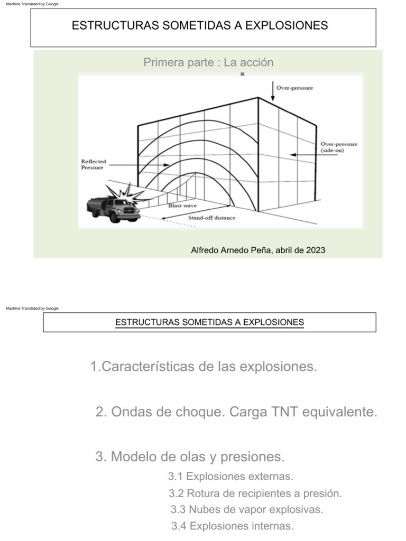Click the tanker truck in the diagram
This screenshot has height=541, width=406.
tap(113, 208)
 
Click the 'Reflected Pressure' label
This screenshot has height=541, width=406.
tap(93, 164)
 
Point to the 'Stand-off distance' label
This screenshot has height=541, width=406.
tap(212, 218)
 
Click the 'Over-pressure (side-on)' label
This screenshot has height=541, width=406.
tap(339, 147)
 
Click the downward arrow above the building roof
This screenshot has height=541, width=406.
tap(273, 91)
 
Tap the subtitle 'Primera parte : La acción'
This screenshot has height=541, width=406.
tap(208, 63)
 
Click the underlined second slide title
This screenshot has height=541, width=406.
tap(209, 322)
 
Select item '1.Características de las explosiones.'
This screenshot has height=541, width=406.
tap(204, 367)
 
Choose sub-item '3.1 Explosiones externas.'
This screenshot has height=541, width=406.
tap(230, 477)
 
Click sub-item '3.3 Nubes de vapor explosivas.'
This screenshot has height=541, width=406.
tap(246, 510)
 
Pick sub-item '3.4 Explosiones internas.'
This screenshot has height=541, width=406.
tap(232, 526)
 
